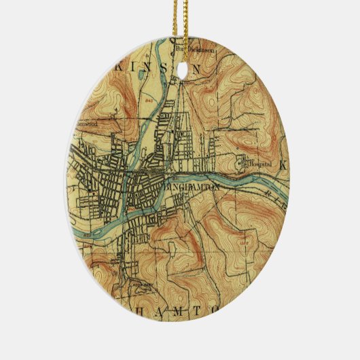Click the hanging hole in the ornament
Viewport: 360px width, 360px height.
click(x=181, y=69)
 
